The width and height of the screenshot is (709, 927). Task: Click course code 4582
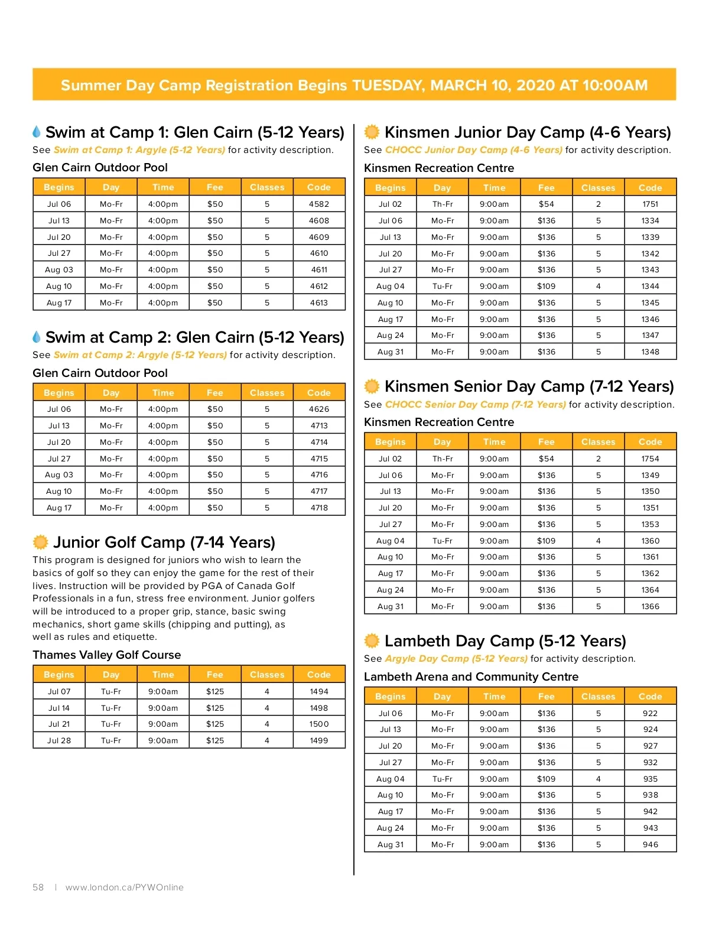[319, 204]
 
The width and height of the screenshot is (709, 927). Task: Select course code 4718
[319, 508]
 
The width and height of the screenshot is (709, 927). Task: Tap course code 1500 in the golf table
[319, 724]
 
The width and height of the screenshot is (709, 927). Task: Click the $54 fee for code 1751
[546, 204]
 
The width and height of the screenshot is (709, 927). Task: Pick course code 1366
[650, 606]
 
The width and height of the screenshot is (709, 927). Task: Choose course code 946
[650, 844]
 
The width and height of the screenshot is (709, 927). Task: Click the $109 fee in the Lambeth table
[546, 779]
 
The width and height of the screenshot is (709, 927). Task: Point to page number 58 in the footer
[38, 887]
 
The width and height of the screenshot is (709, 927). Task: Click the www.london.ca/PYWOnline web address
[125, 887]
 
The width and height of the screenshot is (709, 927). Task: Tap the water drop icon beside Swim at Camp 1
[37, 131]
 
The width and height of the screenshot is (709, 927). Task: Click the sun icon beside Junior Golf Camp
[40, 542]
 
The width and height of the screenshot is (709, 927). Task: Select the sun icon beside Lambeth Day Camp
[372, 640]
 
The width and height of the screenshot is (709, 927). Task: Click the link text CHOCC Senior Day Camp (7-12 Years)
[475, 405]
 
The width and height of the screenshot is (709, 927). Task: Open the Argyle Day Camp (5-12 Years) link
[456, 659]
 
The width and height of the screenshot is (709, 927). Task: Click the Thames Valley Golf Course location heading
[106, 655]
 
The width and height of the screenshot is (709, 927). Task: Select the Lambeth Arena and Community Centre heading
[471, 676]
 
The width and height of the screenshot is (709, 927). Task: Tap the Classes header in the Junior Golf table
[267, 675]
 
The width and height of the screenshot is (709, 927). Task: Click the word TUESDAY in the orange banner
[388, 85]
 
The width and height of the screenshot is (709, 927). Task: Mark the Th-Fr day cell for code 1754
[442, 458]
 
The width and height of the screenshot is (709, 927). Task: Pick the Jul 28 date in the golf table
[59, 740]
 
